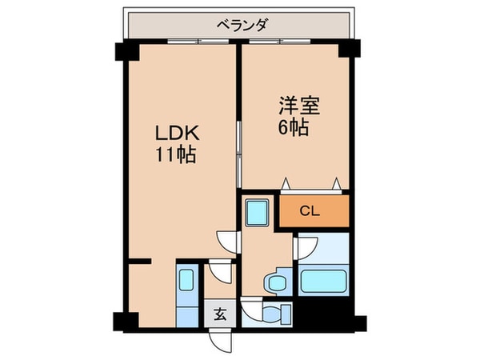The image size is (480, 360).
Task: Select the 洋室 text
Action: tap(294, 105)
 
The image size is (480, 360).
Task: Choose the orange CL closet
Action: tap(314, 211)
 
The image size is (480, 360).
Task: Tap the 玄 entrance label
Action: tap(219, 314)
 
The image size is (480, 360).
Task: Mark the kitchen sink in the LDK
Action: tap(186, 280)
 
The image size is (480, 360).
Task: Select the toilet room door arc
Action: tap(250, 306)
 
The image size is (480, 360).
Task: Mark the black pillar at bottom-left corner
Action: tap(122, 322)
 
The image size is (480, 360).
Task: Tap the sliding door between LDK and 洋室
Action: tap(239, 148)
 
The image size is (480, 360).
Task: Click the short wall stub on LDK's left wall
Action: tap(141, 262)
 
